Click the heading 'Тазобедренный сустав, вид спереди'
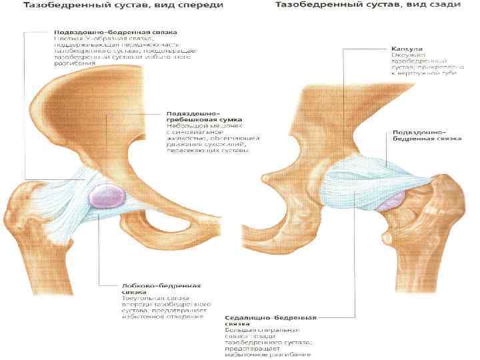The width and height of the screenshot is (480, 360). click(123, 6)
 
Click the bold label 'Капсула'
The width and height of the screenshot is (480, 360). click(406, 49)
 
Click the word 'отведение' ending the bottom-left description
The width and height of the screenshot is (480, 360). click(185, 315)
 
